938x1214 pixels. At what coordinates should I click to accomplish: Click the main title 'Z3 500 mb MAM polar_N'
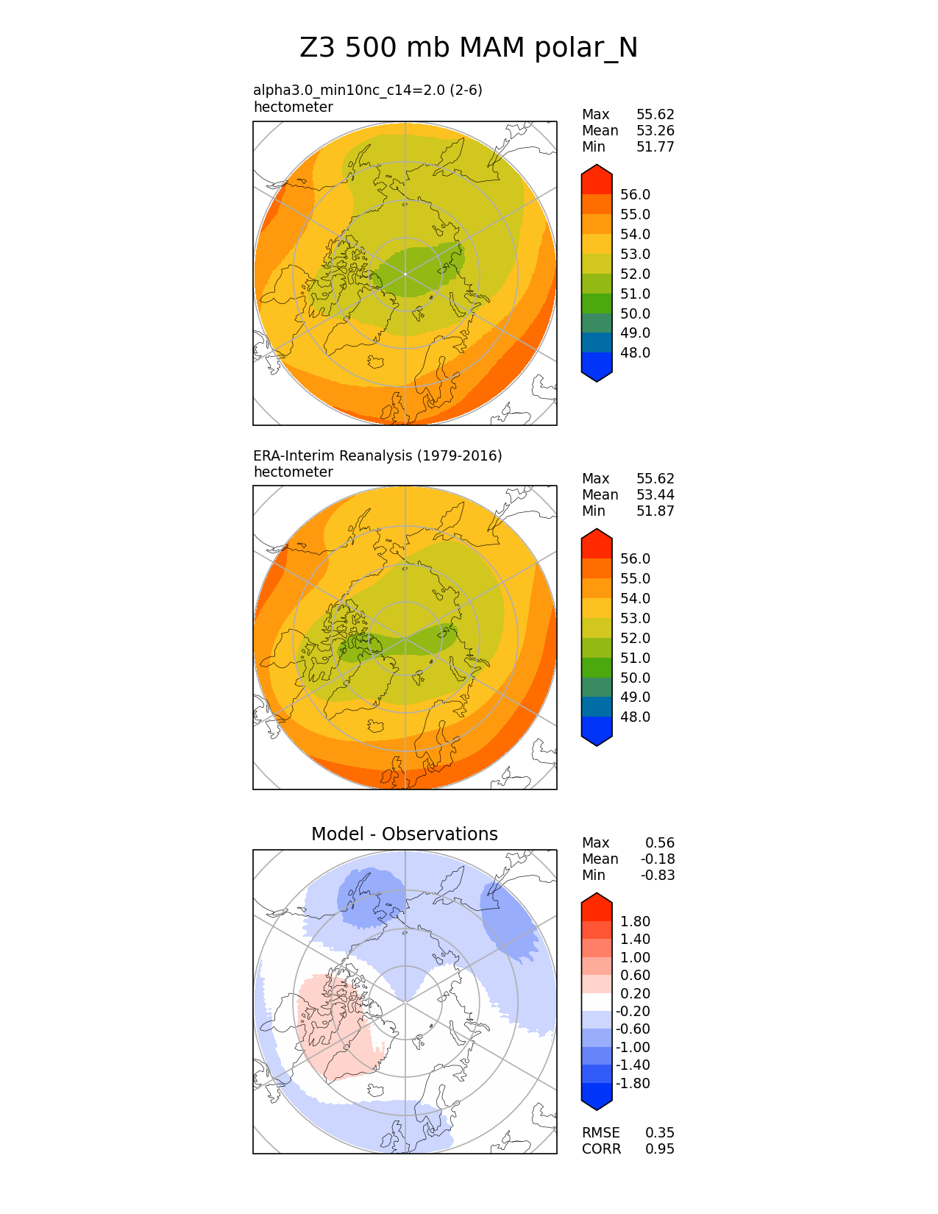[x=469, y=48]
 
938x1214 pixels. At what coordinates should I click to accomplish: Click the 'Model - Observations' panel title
[x=404, y=834]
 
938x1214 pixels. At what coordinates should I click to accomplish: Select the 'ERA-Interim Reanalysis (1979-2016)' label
[x=377, y=455]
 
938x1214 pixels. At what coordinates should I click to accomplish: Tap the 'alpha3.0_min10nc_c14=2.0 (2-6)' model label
[x=367, y=90]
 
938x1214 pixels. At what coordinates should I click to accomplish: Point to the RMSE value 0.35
[x=659, y=1132]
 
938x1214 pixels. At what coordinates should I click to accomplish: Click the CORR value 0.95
[x=659, y=1149]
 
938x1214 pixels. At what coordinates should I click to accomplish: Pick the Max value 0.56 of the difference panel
[x=659, y=842]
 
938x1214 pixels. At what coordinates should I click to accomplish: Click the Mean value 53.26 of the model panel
[x=655, y=130]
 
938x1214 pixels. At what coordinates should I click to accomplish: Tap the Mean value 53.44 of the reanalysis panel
[x=655, y=494]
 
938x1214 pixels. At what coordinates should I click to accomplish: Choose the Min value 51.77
[x=655, y=146]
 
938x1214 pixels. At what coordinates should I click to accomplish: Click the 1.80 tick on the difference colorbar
[x=635, y=921]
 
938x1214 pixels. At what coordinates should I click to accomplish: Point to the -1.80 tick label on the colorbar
[x=633, y=1083]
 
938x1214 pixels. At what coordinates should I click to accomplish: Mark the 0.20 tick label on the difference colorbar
[x=635, y=993]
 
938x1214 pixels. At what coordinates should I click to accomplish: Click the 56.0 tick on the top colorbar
[x=635, y=194]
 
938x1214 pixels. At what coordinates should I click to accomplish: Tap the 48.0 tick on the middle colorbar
[x=635, y=717]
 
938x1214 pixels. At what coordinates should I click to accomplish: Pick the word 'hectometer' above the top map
[x=293, y=107]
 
